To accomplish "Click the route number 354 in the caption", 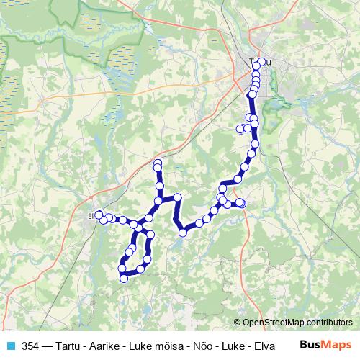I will click(30, 345).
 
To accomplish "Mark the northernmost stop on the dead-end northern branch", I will click(158, 162).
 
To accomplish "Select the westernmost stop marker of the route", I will click(99, 215).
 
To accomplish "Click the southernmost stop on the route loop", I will click(124, 278).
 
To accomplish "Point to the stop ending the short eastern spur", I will click(242, 204).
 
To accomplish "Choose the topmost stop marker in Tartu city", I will click(261, 61).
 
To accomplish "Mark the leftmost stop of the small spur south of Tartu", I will click(240, 129).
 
